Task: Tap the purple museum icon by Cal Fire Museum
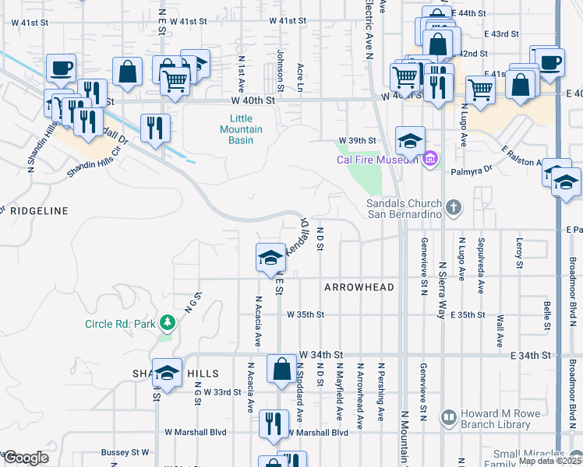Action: [429, 160]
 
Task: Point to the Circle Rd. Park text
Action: [121, 324]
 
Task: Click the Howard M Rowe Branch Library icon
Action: [448, 418]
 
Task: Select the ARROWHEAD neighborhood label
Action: [359, 287]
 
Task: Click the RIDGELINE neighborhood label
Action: [34, 211]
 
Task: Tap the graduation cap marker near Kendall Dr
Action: [270, 258]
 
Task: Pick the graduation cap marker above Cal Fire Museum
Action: [410, 141]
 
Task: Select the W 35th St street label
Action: [306, 315]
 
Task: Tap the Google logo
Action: [26, 458]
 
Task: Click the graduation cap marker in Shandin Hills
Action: [167, 374]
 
